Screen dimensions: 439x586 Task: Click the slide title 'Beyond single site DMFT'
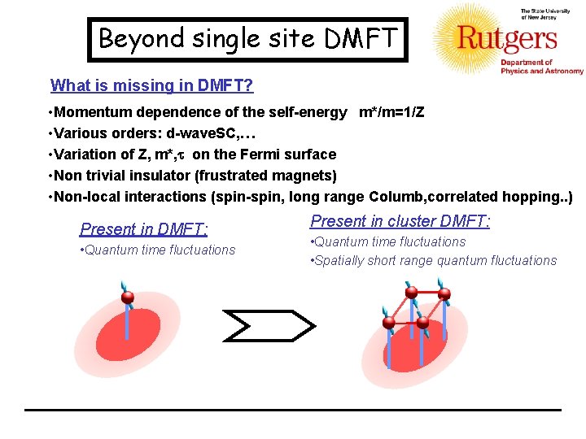(246, 38)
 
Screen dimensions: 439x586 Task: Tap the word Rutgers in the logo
(507, 37)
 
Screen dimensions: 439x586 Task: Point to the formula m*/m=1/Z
(391, 112)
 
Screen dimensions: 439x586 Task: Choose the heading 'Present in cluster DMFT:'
(400, 221)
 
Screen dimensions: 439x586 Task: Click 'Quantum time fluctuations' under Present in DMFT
(160, 250)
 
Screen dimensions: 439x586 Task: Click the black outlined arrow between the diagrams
(267, 325)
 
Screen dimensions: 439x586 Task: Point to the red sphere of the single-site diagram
(127, 298)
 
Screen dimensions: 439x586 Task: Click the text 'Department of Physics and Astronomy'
(540, 67)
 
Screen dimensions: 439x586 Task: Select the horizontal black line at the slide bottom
(293, 409)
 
